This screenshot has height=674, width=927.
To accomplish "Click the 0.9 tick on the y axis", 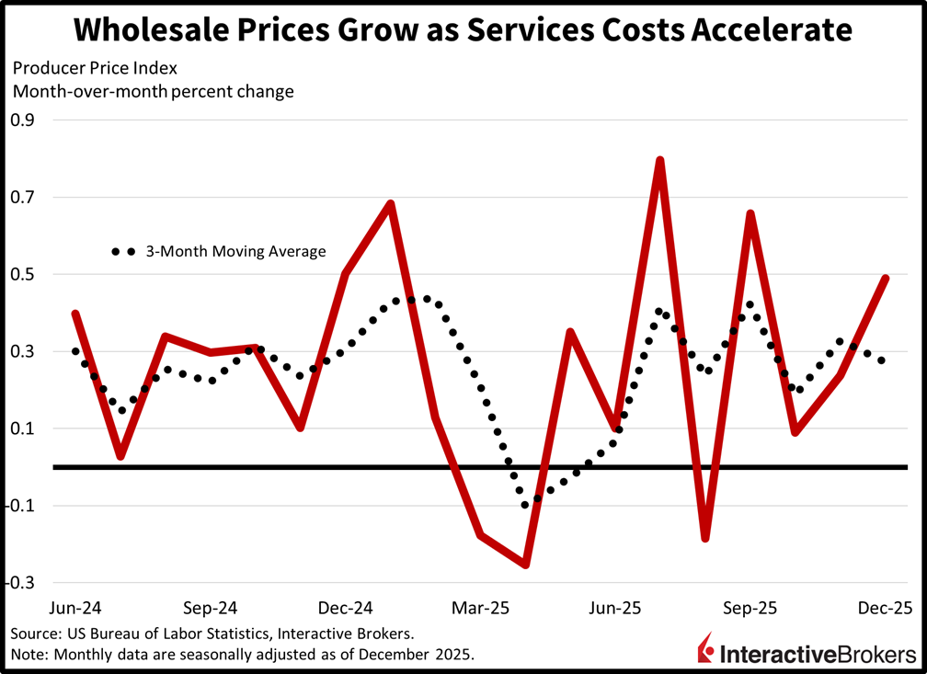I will coord(21,120).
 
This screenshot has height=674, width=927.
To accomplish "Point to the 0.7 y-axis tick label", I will coord(21,197).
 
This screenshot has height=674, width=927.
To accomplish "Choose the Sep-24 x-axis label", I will coord(211,609).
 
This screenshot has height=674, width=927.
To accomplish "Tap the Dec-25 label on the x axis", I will coord(886,609).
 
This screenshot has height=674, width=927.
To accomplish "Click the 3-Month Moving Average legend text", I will coord(235,251).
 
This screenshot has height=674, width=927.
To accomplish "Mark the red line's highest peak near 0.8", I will coord(660,160).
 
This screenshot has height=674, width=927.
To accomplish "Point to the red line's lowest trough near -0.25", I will coord(525,565).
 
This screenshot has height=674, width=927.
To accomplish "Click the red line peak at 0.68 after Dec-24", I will coord(391,204).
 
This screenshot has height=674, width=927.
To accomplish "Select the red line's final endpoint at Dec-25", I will coord(885,278).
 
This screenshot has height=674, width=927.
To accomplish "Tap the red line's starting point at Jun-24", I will coord(74,314).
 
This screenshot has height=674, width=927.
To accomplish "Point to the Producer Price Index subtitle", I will coord(74,68).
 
